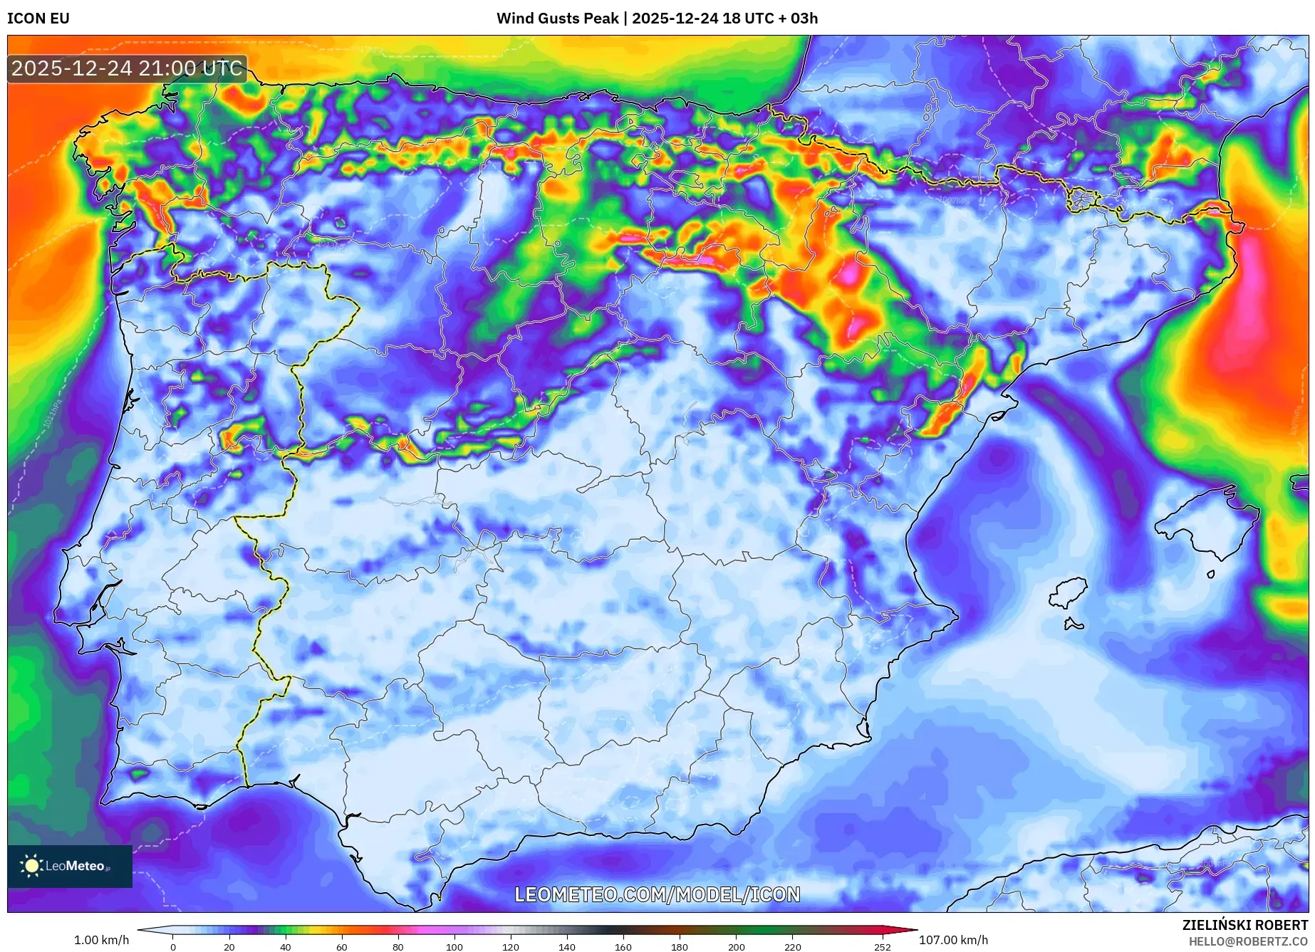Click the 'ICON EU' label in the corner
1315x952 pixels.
click(38, 19)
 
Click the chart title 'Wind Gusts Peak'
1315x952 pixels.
click(557, 19)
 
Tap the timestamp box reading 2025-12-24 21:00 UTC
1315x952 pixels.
click(128, 68)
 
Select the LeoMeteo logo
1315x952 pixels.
click(70, 866)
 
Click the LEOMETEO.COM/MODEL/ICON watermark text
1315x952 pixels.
click(657, 894)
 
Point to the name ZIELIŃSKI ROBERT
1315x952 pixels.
click(1244, 925)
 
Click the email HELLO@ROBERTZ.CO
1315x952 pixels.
click(1247, 941)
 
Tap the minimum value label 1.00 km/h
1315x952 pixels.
click(102, 940)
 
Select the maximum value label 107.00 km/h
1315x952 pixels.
click(953, 940)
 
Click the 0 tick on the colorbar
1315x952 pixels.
click(173, 946)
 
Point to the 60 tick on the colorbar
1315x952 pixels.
click(342, 946)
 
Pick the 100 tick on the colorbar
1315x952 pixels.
click(454, 946)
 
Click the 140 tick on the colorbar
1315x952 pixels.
click(567, 946)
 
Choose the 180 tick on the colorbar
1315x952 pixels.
click(680, 946)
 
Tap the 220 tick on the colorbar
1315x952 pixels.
click(793, 946)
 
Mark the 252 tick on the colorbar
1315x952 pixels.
click(883, 946)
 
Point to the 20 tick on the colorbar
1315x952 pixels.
click(229, 946)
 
